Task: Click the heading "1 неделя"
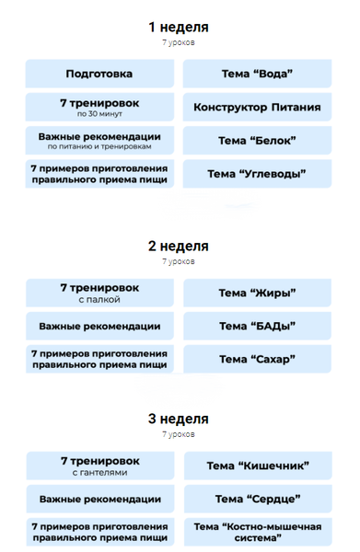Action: pyautogui.click(x=179, y=27)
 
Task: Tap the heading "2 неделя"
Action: pyautogui.click(x=179, y=246)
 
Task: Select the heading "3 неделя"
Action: pyautogui.click(x=179, y=419)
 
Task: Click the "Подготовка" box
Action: pyautogui.click(x=99, y=74)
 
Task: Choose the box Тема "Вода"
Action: pyautogui.click(x=257, y=74)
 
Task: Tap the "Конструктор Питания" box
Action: pyautogui.click(x=257, y=108)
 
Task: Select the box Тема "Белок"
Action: pyautogui.click(x=257, y=141)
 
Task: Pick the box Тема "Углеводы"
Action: pyautogui.click(x=257, y=174)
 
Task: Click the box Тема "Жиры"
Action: pyautogui.click(x=257, y=293)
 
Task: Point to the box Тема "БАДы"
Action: pyautogui.click(x=257, y=326)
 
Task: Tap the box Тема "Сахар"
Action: pyautogui.click(x=257, y=359)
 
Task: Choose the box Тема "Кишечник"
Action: pyautogui.click(x=257, y=466)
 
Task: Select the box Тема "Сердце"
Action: pyautogui.click(x=257, y=499)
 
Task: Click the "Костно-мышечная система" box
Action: pyautogui.click(x=257, y=532)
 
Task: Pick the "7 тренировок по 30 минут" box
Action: pyautogui.click(x=99, y=108)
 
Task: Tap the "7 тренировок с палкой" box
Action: pyautogui.click(x=99, y=293)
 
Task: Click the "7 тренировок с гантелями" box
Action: pyautogui.click(x=99, y=466)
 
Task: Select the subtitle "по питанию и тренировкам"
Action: pyautogui.click(x=99, y=146)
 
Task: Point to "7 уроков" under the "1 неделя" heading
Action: pyautogui.click(x=179, y=42)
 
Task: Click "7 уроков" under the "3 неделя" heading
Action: pyautogui.click(x=179, y=434)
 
